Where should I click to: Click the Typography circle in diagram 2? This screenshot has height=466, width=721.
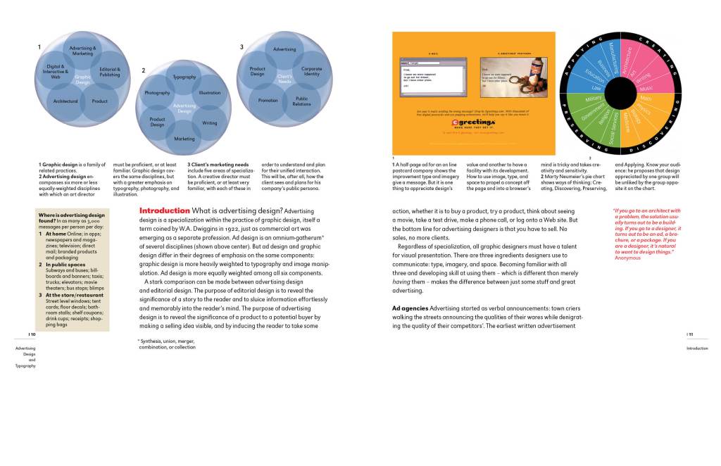pos(184,76)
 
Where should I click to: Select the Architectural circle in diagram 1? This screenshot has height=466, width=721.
pos(65,101)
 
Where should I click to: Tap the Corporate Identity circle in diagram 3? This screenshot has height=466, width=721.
pos(311,71)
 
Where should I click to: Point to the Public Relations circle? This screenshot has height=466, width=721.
pos(302,101)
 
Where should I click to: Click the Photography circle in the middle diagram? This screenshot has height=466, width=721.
pos(157,93)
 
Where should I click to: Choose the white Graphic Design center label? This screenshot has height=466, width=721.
pos(83,80)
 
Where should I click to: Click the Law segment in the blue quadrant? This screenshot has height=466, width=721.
pos(597,87)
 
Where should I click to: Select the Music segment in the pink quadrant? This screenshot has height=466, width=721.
pos(646,88)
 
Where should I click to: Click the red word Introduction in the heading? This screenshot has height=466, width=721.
pos(164,210)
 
